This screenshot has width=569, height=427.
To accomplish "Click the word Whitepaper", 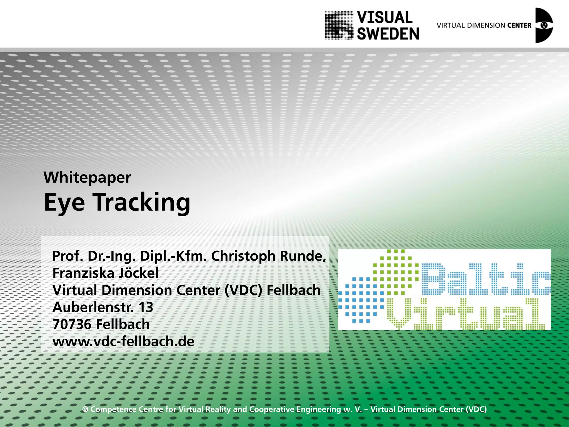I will [87, 178].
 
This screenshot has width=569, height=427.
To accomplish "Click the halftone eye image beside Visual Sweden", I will [339, 25].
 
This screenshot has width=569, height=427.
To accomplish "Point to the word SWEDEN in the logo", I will [388, 34].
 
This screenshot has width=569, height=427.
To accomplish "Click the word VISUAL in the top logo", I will [385, 18].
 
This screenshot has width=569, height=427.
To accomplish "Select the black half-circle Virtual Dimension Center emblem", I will [544, 25].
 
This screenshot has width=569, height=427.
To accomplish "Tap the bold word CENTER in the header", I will [519, 25].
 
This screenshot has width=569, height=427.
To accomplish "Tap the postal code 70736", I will [72, 324].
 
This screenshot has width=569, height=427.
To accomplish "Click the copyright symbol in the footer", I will [85, 409].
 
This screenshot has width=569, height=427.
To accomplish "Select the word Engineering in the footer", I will [318, 409].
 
